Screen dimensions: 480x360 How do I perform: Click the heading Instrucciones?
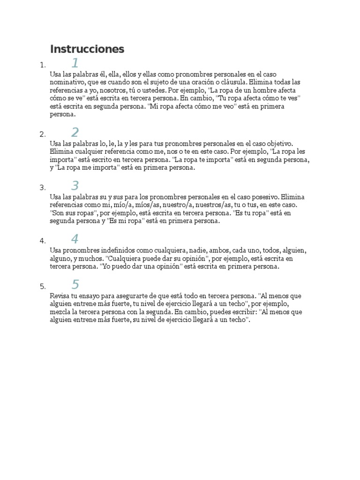[x=87, y=49]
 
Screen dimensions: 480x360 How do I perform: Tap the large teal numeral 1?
[x=75, y=63]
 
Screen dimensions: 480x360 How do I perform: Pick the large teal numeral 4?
[x=75, y=239]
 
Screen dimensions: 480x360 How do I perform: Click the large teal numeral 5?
[x=75, y=284]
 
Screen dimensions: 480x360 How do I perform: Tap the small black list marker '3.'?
[x=43, y=187]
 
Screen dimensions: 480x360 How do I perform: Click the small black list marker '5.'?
[x=43, y=286]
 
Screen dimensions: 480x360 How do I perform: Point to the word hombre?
[x=265, y=90]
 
